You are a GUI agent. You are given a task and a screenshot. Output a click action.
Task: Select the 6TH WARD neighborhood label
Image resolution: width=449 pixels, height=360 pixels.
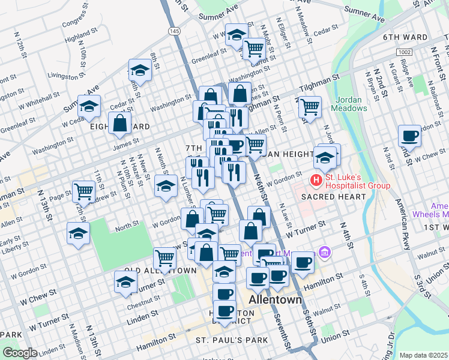pos(405,37)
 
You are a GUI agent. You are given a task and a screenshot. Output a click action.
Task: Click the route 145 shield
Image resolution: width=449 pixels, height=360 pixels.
pos(174,31)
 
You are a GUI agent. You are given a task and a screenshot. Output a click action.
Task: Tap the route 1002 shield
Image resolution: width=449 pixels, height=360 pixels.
pos(404,53)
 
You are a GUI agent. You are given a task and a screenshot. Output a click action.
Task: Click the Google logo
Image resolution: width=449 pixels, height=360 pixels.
pos(20,353)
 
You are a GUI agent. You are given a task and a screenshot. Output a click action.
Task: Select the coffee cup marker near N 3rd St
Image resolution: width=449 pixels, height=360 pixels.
pos(409,135)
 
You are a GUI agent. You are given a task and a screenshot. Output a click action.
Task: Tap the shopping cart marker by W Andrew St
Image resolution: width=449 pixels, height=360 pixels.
pos(83,191)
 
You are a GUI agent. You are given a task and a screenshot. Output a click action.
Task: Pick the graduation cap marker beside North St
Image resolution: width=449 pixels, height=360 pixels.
pos(78,233)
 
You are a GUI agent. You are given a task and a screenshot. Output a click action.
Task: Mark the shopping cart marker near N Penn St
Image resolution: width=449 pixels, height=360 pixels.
pos(309,107)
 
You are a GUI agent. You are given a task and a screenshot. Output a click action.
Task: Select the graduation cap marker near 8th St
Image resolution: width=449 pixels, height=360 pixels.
pos(140,71)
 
